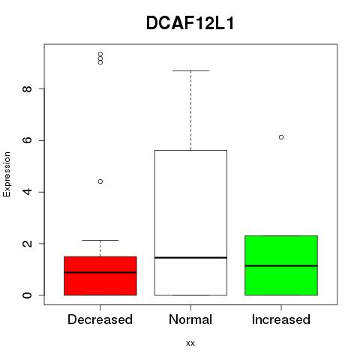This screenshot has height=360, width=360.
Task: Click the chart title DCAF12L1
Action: coord(190,23)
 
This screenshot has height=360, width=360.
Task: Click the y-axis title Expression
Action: coord(7,174)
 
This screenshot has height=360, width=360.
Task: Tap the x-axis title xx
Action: coord(190,343)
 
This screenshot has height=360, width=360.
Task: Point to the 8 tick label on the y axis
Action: coord(28,88)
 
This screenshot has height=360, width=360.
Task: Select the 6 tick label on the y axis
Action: coord(28,140)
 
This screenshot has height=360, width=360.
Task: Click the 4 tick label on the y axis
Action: coord(28,192)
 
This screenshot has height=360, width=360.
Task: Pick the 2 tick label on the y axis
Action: coord(28,244)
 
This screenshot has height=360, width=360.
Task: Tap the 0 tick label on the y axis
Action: coord(28,295)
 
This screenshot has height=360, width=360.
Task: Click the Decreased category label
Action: coord(100,319)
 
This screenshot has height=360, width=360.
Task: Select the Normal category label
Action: coord(190,319)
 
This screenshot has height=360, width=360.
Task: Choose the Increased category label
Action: coord(281,319)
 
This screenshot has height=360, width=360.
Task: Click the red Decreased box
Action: coord(100,276)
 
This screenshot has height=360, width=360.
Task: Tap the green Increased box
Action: coord(281,265)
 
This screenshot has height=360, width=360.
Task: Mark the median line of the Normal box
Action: coord(190,257)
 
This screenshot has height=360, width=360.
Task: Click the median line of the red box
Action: coord(100,272)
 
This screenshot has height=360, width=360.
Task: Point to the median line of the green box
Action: coord(281,265)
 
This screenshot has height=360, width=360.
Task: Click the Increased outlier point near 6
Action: coord(281,137)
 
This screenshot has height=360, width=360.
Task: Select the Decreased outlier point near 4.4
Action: coord(100,181)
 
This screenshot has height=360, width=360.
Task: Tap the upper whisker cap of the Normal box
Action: coord(190,70)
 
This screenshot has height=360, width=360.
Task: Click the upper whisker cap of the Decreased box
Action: coord(100,240)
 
